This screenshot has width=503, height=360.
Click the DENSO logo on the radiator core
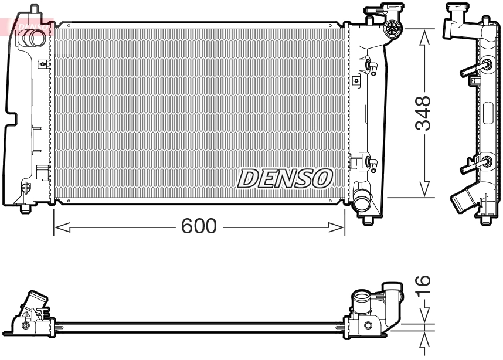pyautogui.click(x=286, y=178)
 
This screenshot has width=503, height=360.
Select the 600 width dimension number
pyautogui.click(x=199, y=226)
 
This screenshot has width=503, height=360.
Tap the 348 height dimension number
pyautogui.click(x=423, y=113)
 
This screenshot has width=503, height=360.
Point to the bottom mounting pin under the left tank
pyautogui.click(x=25, y=208)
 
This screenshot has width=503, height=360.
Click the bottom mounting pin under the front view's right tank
pyautogui.click(x=367, y=220)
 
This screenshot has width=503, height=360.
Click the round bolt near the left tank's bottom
pyautogui.click(x=25, y=188)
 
